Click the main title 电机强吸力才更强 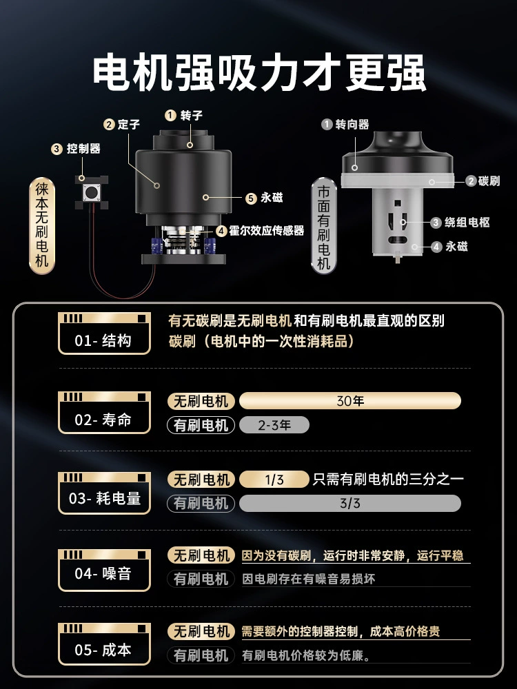click(259, 72)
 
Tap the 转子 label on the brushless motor click(191, 116)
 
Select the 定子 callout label click(128, 124)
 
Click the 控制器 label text click(83, 149)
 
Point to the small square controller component click(92, 192)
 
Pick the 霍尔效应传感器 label click(266, 230)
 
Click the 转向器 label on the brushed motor click(352, 124)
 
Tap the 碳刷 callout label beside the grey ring click(489, 181)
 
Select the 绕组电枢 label click(467, 223)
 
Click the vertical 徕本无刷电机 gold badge click(42, 225)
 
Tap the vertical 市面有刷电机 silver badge click(323, 226)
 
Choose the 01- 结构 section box click(104, 333)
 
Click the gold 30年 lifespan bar click(350, 401)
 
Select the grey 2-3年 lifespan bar click(274, 425)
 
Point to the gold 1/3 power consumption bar click(274, 480)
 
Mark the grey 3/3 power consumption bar click(350, 503)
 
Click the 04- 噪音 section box click(104, 570)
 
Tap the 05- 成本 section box click(104, 644)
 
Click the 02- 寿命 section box click(104, 413)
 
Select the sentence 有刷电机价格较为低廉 click(305, 656)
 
